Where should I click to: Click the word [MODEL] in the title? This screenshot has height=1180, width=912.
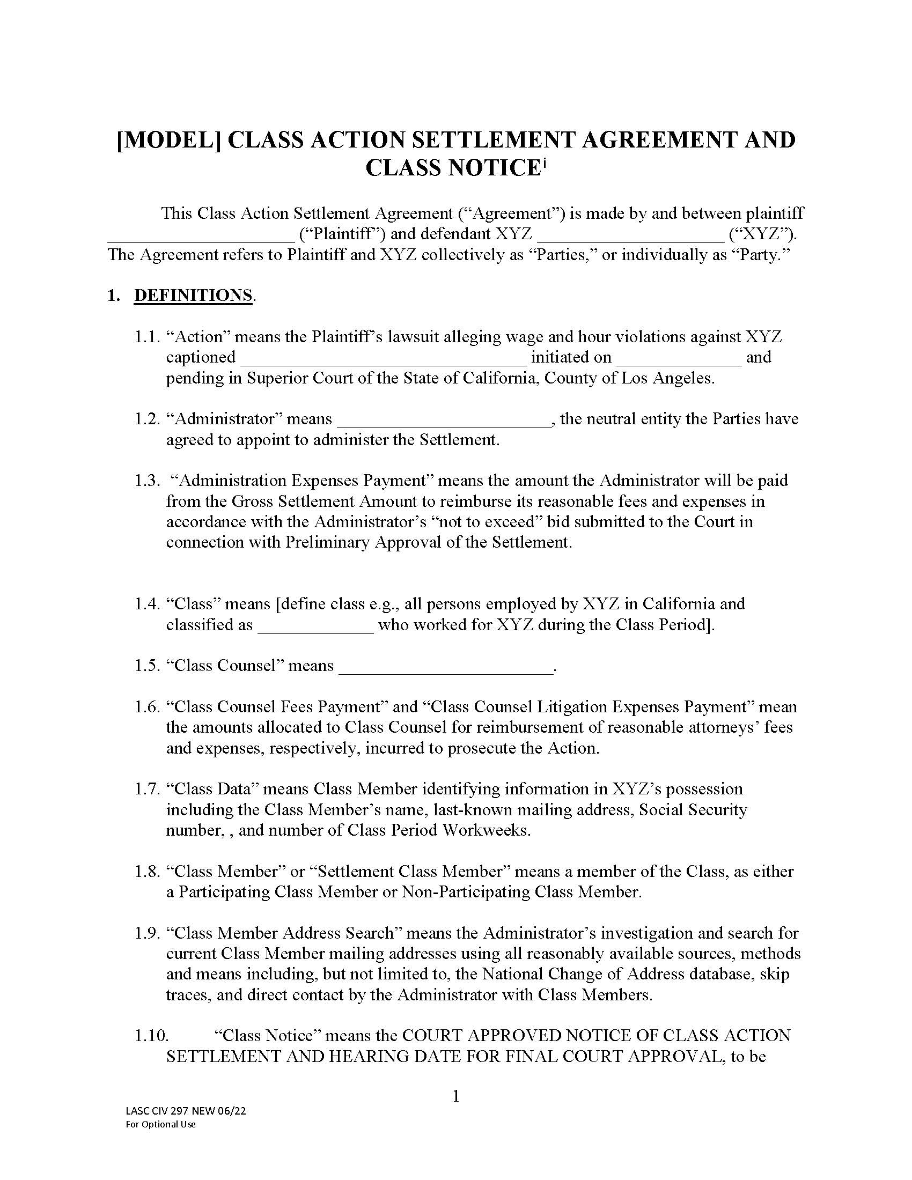tap(168, 140)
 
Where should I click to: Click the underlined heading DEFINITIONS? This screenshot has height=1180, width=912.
tap(193, 296)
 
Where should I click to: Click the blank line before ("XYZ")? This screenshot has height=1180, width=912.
tap(630, 238)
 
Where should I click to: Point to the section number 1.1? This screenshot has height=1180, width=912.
tap(147, 337)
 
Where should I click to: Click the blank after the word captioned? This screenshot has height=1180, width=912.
tap(383, 361)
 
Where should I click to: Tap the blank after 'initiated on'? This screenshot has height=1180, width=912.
tap(679, 361)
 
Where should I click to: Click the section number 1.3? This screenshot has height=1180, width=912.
tap(147, 481)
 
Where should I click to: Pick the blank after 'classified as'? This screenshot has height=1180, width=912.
tap(315, 629)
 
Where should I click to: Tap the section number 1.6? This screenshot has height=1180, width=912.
tap(147, 707)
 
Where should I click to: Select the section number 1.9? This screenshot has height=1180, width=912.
tap(147, 933)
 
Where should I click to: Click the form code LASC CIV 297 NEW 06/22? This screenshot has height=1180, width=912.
tap(185, 1111)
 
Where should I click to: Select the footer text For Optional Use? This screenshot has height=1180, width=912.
tap(160, 1124)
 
